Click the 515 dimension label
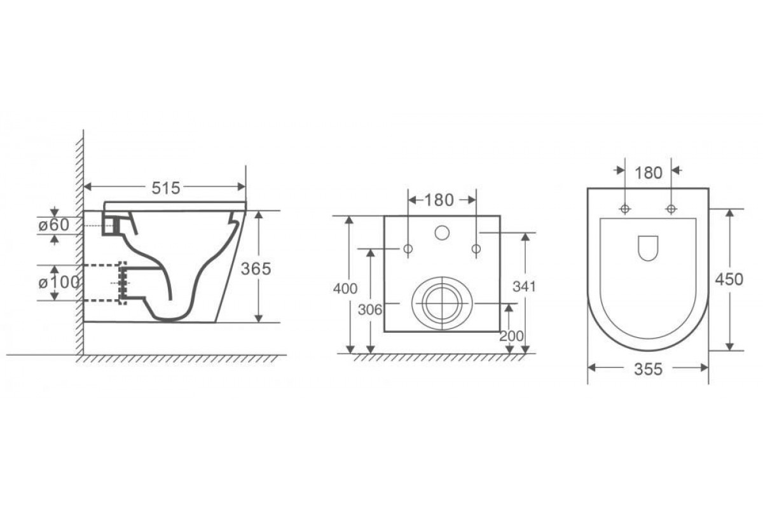(165, 188)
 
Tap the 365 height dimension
(256, 268)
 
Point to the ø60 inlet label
(54, 225)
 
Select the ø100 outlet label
(59, 282)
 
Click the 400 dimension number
(345, 289)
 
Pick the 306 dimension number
(370, 310)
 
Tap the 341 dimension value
(524, 287)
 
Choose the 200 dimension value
(511, 337)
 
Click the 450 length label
(729, 279)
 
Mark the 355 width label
(648, 369)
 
